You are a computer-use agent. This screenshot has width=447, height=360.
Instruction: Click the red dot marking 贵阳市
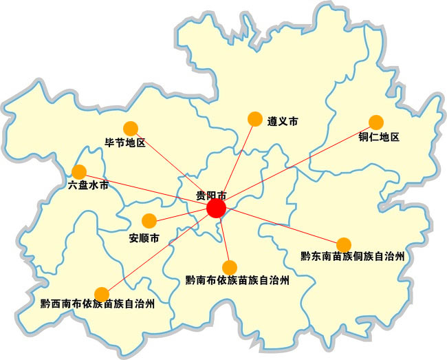pos(216,209)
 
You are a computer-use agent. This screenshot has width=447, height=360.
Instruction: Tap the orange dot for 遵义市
pos(255,120)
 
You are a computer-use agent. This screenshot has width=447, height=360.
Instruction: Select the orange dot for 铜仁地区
pos(376,122)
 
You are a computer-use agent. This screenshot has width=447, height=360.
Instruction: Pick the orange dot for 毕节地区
pos(131,128)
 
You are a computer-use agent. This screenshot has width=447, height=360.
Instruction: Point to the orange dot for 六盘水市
pos(79,171)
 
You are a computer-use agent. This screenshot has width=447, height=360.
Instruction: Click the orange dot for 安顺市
pos(149,221)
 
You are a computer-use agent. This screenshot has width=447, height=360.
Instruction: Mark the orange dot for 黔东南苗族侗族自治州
pos(343,244)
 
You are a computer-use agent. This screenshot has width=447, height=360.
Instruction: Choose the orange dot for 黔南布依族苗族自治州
pos(230,267)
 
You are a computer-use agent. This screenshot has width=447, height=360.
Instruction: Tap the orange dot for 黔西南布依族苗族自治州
pos(102,295)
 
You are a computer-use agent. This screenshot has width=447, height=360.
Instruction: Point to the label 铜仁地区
pos(378,137)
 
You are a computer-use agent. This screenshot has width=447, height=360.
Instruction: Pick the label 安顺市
pos(144,239)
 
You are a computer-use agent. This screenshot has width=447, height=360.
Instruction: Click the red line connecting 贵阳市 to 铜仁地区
pos(296,165)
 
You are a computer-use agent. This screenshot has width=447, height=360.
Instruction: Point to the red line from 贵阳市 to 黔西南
pos(159,251)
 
